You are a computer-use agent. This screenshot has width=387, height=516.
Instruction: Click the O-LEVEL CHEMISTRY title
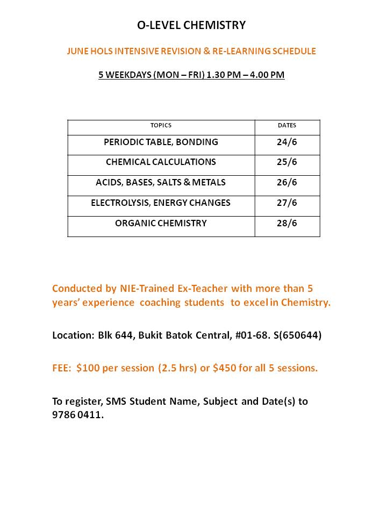tap(191, 25)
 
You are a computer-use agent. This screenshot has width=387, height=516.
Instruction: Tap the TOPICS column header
tap(161, 125)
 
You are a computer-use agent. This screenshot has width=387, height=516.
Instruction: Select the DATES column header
tap(286, 125)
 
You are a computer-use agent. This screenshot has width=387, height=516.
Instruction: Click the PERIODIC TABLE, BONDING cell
tap(161, 142)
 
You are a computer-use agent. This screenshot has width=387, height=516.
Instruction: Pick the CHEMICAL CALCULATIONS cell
tap(161, 162)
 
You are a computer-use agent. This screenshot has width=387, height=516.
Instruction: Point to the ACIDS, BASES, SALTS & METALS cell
tap(161, 183)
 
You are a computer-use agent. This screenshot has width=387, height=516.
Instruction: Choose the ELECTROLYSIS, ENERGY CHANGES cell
tap(161, 203)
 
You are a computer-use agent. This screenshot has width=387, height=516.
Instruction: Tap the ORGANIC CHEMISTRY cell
tap(161, 224)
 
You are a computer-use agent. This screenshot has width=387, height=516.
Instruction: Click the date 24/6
tap(286, 142)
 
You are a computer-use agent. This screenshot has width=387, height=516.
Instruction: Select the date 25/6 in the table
tap(286, 162)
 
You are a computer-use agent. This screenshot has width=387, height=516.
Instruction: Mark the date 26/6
tap(286, 183)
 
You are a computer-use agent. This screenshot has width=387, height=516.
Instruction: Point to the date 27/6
tap(286, 203)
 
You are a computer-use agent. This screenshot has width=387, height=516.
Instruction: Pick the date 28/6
tap(286, 224)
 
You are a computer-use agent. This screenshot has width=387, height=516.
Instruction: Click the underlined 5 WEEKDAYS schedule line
tap(191, 75)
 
